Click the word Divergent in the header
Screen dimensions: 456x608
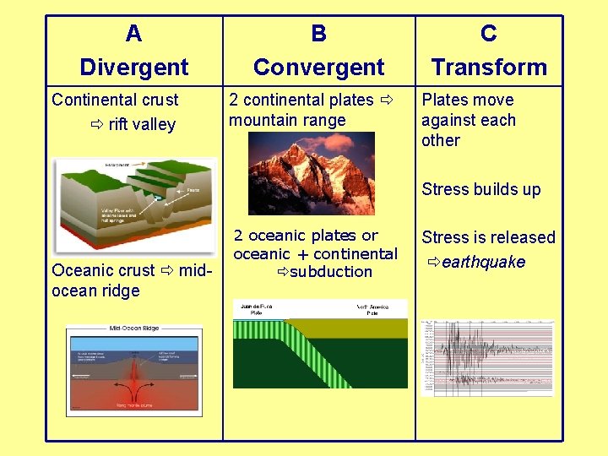[x=133, y=67]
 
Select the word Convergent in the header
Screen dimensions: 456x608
[x=318, y=67]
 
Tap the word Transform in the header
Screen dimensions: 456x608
[x=488, y=67]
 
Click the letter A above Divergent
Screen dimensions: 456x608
[x=133, y=34]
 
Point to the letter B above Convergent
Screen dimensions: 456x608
[x=318, y=34]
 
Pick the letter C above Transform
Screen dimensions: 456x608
[x=488, y=34]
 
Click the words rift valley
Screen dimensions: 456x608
[x=142, y=125]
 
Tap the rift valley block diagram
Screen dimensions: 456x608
[x=133, y=205]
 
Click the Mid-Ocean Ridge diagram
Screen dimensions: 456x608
[x=133, y=370]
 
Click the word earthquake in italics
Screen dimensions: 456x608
[x=483, y=263]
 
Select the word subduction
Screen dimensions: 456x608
[x=331, y=272]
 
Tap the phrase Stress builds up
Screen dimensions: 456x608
[x=481, y=189]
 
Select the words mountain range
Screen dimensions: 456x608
[x=287, y=121]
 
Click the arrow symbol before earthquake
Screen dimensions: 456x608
[x=433, y=263]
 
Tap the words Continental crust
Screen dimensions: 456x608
[x=115, y=100]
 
